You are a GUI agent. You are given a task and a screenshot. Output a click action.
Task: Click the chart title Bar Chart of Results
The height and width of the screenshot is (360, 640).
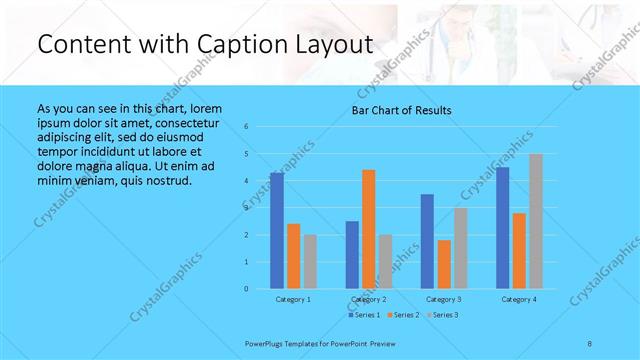pos(401,110)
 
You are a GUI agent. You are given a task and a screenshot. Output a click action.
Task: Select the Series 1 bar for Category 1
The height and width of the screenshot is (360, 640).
pos(277,231)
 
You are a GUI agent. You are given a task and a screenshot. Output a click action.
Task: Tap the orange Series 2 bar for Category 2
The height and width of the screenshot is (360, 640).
pos(369,229)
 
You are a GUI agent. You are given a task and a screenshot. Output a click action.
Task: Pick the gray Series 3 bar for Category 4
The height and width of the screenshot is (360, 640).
pos(536,221)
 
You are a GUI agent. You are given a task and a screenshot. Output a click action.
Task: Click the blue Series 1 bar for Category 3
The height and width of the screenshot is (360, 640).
pos(428,241)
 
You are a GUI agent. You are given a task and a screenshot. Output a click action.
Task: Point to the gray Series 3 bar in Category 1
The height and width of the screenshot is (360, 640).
pos(310,262)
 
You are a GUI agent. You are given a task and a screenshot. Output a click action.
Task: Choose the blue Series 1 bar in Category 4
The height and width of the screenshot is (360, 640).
pos(503,228)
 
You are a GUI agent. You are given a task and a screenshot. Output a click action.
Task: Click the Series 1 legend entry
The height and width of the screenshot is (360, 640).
pos(363,315)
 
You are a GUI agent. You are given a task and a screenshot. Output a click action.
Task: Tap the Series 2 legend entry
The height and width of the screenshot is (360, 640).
pos(402,315)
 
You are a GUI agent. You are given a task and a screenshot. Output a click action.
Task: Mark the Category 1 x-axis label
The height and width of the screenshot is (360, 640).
pos(293,299)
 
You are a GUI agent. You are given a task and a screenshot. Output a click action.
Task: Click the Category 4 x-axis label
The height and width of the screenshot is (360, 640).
pos(519,299)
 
